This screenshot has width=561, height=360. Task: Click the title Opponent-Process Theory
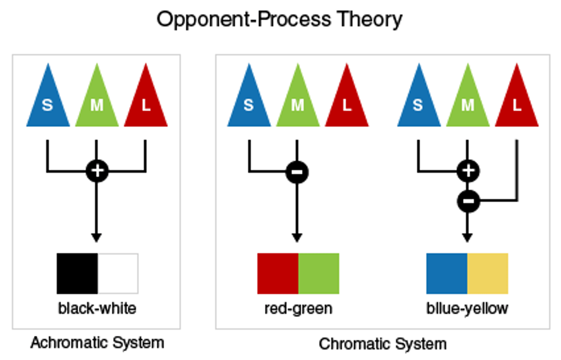pos(279,19)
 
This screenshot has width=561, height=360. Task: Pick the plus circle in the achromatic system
pos(97,171)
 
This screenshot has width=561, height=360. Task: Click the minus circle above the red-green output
pos(297,172)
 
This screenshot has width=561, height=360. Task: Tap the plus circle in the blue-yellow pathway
pos(468,171)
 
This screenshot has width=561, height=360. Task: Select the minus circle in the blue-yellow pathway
pos(468,201)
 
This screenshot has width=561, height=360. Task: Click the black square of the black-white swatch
pos(77,274)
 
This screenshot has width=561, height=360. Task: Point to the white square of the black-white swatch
pos(118,274)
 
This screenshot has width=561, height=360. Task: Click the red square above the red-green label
pos(278,274)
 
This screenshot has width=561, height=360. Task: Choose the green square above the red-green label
pos(319,274)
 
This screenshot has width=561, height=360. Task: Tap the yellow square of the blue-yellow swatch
pos(488,274)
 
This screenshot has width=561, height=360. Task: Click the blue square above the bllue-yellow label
pos(447,274)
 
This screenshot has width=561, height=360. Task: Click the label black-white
pos(97,309)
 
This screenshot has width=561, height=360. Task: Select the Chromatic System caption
pos(383,344)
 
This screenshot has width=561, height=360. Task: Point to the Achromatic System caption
pos(97,343)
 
